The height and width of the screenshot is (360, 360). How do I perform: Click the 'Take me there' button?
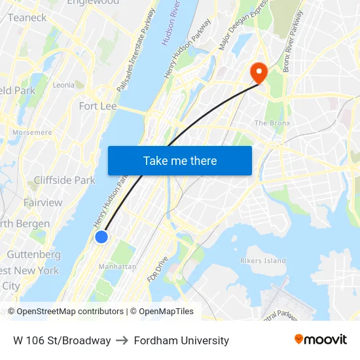[180, 161]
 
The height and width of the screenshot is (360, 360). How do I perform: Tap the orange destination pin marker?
[259, 72]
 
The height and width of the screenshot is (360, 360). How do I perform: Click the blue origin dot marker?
[101, 237]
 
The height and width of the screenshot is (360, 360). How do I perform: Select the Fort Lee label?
[98, 106]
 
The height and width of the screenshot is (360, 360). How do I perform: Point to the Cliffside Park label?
[65, 180]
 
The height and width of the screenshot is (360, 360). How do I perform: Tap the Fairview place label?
[43, 202]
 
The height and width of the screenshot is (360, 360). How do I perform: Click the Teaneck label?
[27, 18]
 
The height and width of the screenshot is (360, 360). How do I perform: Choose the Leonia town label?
[63, 85]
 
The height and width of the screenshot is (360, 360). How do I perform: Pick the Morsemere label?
[32, 133]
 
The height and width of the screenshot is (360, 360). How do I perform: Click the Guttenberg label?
[33, 255]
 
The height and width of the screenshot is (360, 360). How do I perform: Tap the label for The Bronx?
[272, 123]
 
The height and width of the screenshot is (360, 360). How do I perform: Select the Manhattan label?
[117, 267]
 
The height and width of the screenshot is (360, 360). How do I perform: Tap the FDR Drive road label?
[158, 269]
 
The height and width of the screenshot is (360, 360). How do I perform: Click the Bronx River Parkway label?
[293, 41]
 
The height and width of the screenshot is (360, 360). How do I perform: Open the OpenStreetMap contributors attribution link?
[70, 312]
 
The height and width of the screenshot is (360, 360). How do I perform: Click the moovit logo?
[320, 340]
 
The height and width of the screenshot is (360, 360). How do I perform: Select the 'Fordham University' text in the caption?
[181, 340]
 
